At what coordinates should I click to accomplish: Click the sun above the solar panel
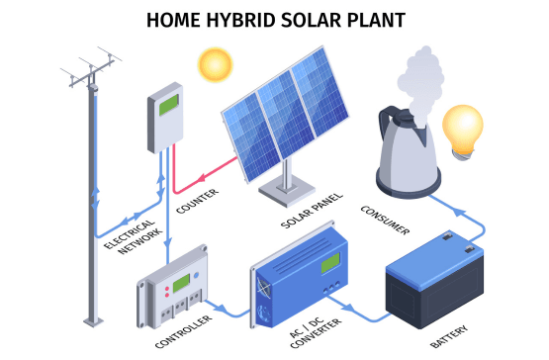(x=213, y=64)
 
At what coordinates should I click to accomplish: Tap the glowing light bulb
(x=462, y=127)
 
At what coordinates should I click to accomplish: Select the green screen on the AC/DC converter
(x=328, y=263)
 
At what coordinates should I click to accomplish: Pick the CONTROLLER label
(x=180, y=327)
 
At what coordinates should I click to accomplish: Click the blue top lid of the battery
(x=435, y=252)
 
